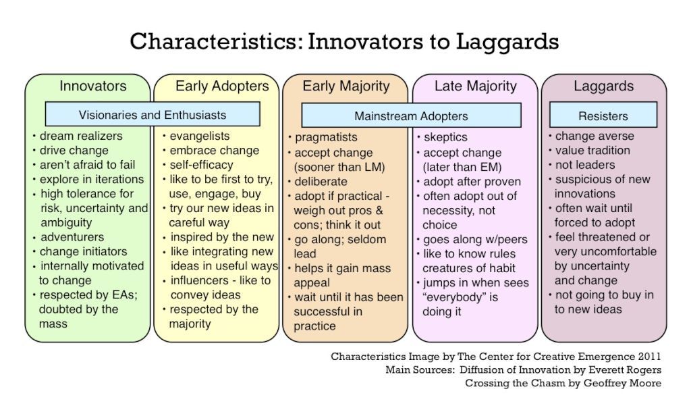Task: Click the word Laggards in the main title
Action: [507, 43]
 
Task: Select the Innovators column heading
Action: [93, 86]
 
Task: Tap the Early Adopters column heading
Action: [222, 86]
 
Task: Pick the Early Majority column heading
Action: [346, 86]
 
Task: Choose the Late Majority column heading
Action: [476, 86]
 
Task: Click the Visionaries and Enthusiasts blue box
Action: [153, 114]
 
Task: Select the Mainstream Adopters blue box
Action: [411, 115]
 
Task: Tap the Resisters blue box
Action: [603, 115]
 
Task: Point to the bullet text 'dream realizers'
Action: [81, 136]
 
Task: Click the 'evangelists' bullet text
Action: [200, 136]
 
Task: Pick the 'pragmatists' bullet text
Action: [326, 137]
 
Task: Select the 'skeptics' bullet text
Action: [445, 137]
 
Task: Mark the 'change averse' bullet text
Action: [595, 136]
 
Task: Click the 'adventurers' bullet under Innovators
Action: [72, 237]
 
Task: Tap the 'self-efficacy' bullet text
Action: [201, 165]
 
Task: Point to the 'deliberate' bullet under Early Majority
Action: [321, 182]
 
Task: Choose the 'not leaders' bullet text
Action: [585, 165]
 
